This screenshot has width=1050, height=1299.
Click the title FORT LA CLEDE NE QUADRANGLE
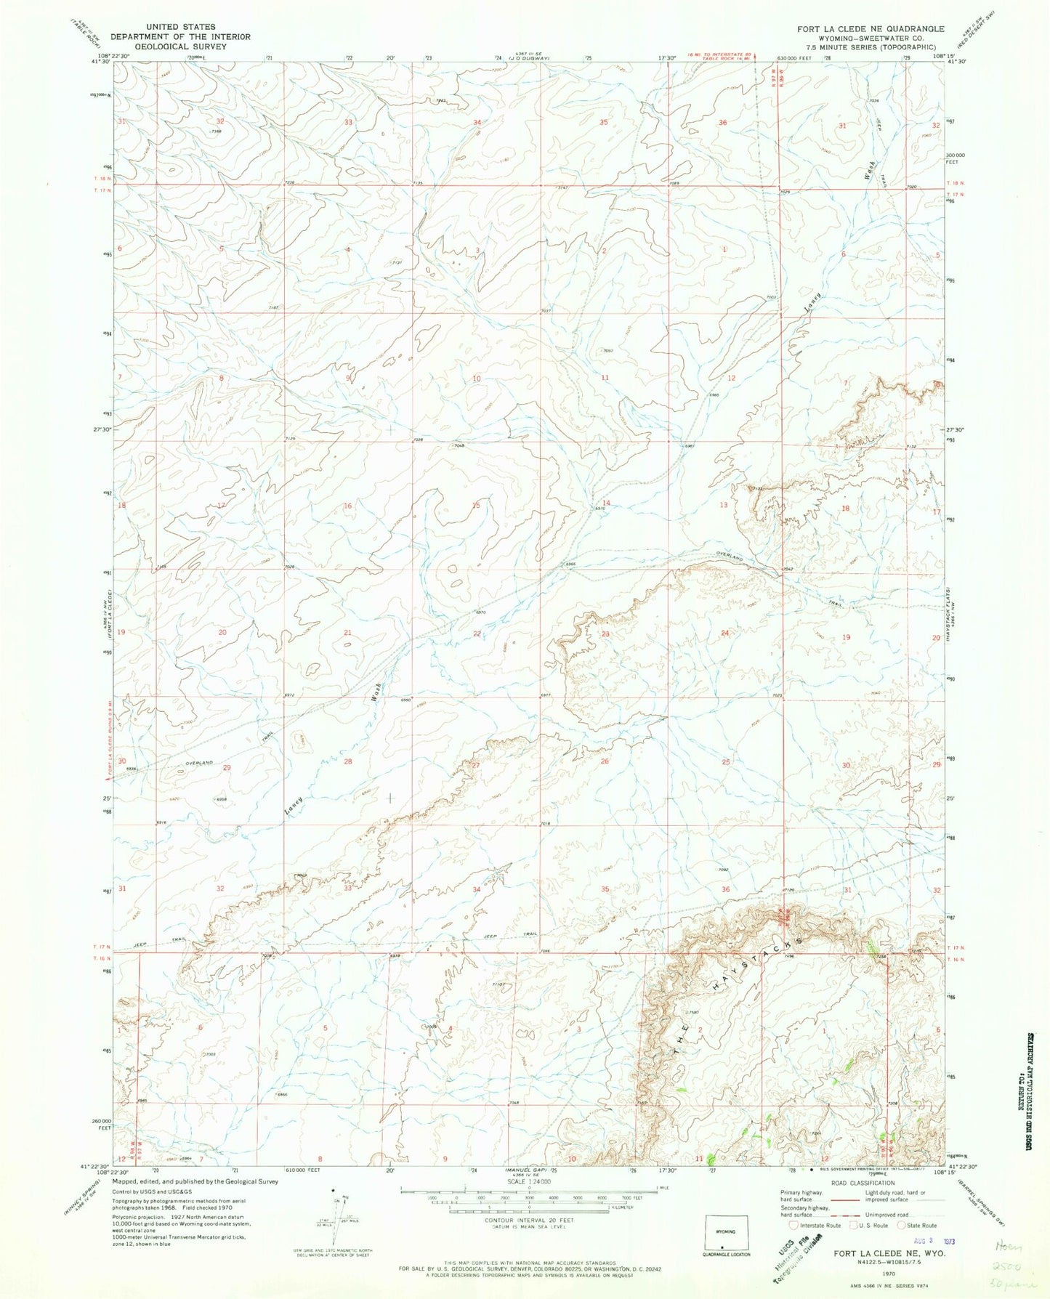[871, 28]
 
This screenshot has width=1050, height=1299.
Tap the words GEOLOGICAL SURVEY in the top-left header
[181, 46]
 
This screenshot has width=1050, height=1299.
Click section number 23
[605, 634]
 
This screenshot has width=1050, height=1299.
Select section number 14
[605, 503]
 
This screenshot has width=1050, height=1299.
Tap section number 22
[477, 634]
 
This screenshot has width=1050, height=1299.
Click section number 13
[724, 505]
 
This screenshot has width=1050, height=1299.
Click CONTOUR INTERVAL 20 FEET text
[528, 1218]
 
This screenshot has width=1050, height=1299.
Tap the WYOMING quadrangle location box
[722, 1231]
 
